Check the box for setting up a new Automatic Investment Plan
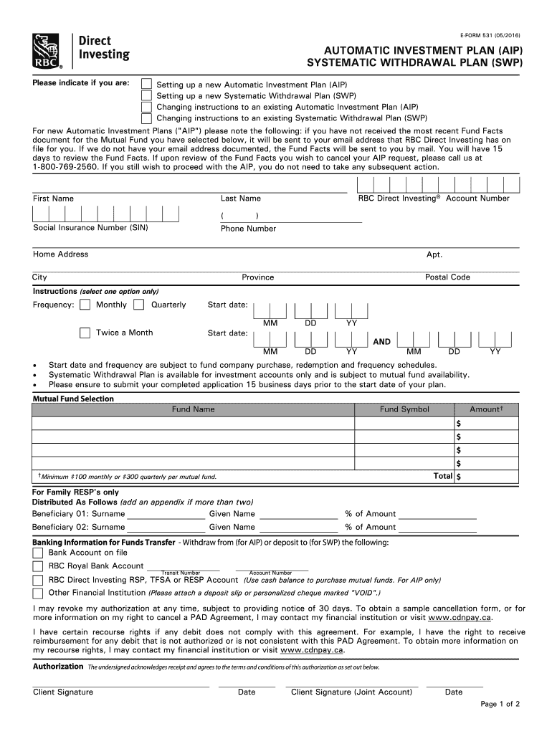(146, 84)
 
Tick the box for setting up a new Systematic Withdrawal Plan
(146, 95)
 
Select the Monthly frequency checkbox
(85, 305)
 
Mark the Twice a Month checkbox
(85, 333)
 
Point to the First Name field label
(53, 199)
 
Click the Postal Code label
(447, 277)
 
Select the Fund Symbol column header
(404, 409)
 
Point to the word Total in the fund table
(443, 476)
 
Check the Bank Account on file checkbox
(38, 553)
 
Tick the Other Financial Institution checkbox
(38, 594)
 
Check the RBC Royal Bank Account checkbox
(38, 566)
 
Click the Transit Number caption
(181, 573)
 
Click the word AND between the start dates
(381, 342)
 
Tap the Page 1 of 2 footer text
(500, 705)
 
